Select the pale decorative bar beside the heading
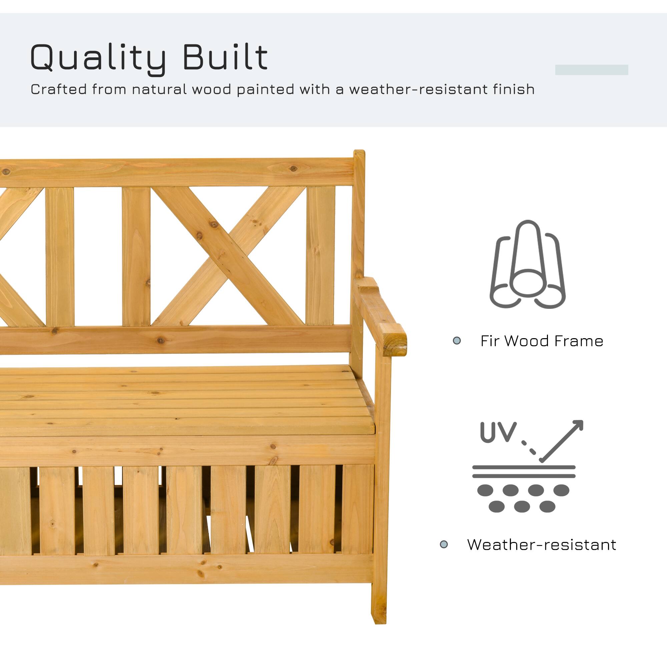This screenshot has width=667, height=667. click(591, 70)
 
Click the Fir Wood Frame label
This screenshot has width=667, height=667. click(542, 341)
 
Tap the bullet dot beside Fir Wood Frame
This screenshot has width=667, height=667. click(457, 341)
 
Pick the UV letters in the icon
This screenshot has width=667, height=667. click(498, 432)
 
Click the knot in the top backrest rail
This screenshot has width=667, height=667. click(293, 169)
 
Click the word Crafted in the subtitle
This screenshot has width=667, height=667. click(58, 89)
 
